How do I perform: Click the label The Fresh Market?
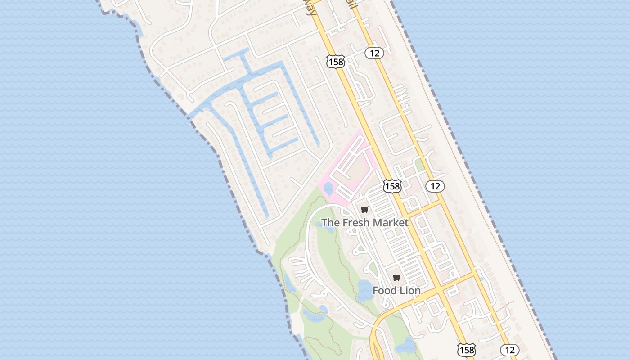click(364, 222)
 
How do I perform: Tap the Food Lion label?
click(396, 291)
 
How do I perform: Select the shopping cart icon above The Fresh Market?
click(365, 209)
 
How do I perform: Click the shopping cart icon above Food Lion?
click(396, 278)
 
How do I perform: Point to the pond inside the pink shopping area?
click(328, 188)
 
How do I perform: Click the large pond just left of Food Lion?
click(365, 291)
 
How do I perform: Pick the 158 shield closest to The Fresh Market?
click(392, 185)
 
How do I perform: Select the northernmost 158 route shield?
click(336, 62)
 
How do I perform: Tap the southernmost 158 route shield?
click(467, 350)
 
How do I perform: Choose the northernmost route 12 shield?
click(374, 53)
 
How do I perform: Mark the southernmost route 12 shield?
click(509, 350)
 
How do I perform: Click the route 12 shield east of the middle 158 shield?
click(435, 186)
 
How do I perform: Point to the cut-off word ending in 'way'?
click(310, 8)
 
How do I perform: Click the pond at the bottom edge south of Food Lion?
click(408, 346)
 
